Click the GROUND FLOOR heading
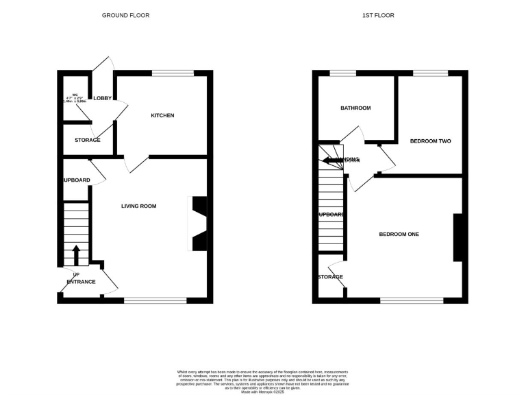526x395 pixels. pyautogui.click(x=125, y=15)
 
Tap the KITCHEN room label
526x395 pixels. pyautogui.click(x=162, y=115)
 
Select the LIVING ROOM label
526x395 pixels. pyautogui.click(x=139, y=206)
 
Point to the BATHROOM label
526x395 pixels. pyautogui.click(x=356, y=108)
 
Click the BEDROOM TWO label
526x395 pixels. pyautogui.click(x=430, y=141)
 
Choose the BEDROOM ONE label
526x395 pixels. pyautogui.click(x=399, y=235)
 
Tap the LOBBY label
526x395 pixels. pyautogui.click(x=102, y=98)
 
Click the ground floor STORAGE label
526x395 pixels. pyautogui.click(x=88, y=140)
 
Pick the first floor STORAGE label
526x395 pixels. pyautogui.click(x=329, y=277)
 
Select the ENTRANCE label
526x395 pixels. pyautogui.click(x=81, y=282)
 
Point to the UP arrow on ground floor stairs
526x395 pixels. pyautogui.click(x=75, y=254)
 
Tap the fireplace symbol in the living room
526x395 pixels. pyautogui.click(x=198, y=224)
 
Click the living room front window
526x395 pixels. pyautogui.click(x=155, y=300)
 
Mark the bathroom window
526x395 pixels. pyautogui.click(x=342, y=73)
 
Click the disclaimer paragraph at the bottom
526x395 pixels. pyautogui.click(x=263, y=377)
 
